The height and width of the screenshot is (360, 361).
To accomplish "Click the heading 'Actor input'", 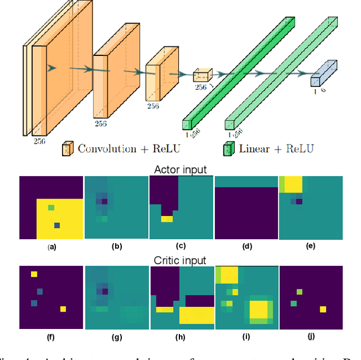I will click(x=180, y=170).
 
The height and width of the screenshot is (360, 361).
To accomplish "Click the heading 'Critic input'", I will click(x=180, y=260).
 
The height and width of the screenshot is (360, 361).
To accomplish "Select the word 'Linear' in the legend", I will click(x=255, y=149).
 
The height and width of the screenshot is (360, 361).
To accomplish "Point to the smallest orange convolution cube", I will click(x=201, y=76).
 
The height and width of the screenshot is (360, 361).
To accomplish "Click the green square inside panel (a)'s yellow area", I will click(x=51, y=208).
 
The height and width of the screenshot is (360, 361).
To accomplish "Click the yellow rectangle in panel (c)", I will click(x=166, y=219).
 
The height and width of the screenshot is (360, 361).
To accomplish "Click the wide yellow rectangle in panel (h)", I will click(x=197, y=315).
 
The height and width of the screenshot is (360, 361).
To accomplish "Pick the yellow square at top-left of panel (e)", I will click(x=293, y=184).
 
